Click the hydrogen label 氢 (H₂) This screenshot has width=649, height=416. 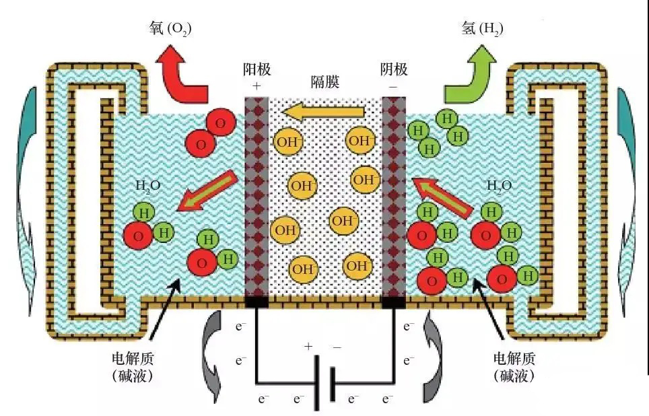coord(479,28)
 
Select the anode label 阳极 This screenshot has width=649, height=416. coord(257,70)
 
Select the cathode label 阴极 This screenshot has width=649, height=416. coord(393,70)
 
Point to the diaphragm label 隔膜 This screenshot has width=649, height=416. coord(324,82)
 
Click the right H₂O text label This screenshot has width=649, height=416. coord(500,186)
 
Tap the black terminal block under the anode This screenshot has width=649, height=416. coord(256,302)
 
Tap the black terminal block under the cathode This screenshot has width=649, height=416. coord(393,302)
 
